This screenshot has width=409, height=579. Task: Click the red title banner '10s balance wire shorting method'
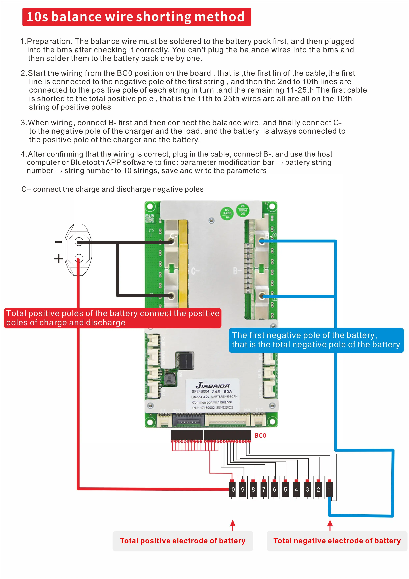(136, 17)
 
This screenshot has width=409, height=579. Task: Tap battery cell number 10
(232, 489)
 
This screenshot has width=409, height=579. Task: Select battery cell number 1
(329, 489)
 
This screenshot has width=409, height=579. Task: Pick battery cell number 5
(285, 489)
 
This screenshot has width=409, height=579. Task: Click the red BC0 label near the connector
(260, 435)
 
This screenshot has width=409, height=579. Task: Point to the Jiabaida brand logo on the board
(213, 385)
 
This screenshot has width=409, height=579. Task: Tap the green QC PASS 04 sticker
(227, 213)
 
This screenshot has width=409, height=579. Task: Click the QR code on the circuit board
(150, 218)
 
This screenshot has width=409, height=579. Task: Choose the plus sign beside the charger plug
(58, 259)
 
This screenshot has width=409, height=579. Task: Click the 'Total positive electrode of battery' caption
(183, 541)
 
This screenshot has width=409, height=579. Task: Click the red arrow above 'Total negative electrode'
(330, 525)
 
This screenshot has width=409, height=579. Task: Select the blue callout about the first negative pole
(316, 340)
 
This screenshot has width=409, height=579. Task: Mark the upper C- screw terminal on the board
(171, 241)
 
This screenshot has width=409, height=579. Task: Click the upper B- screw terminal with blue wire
(262, 241)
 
